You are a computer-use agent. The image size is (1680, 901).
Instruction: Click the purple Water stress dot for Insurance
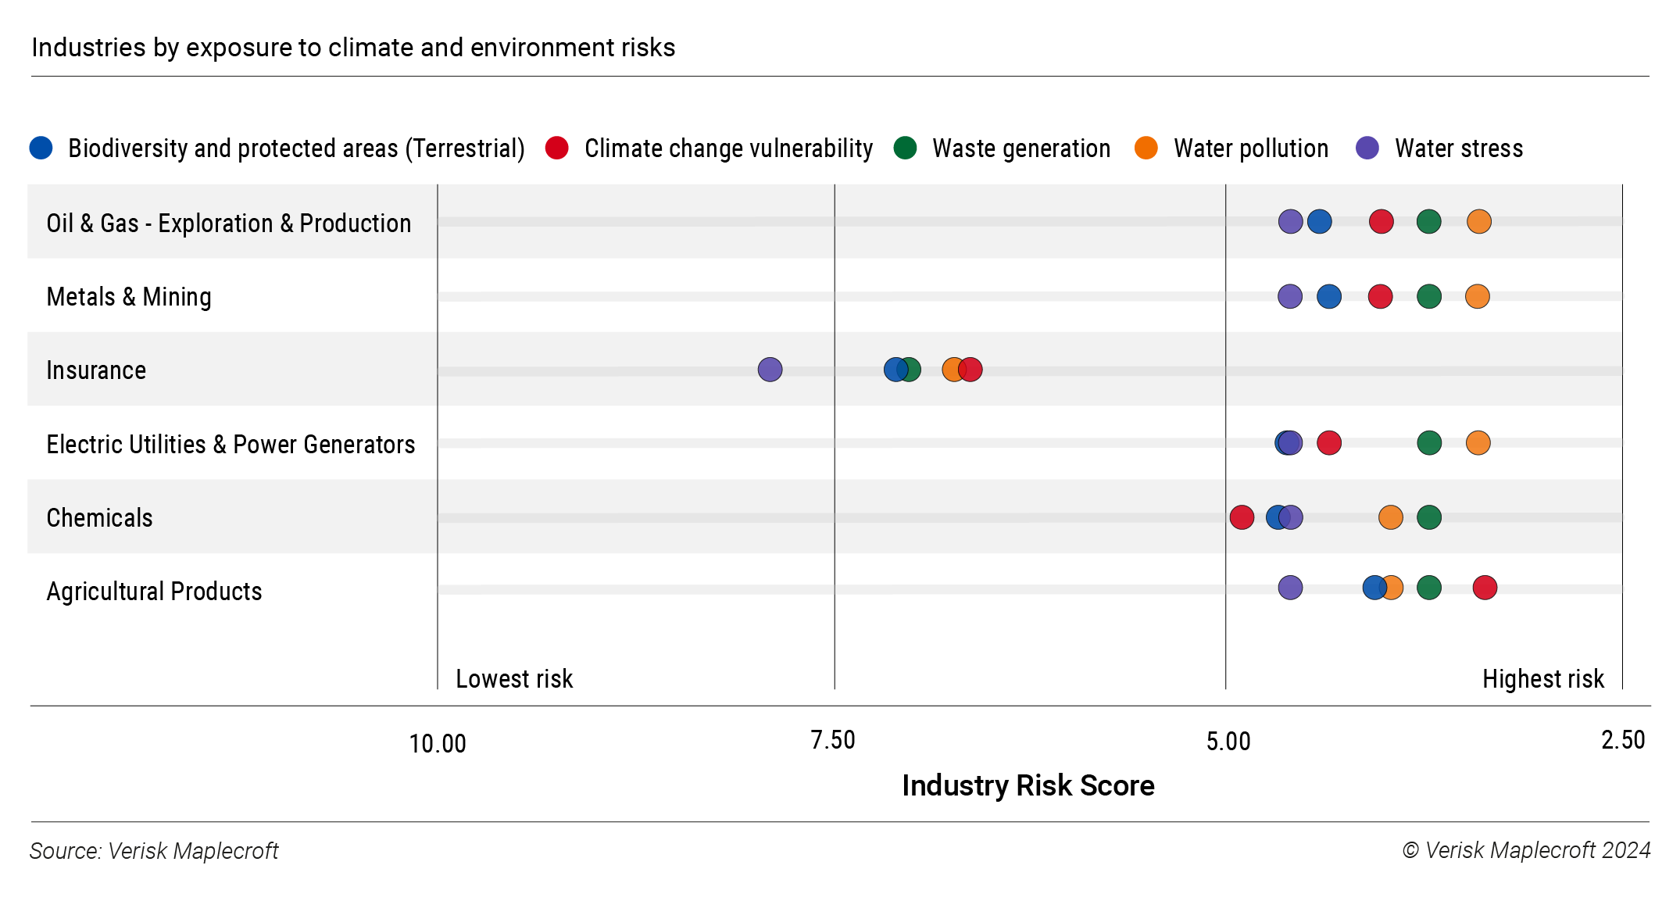click(770, 370)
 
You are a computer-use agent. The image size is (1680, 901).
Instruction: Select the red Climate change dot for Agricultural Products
click(1485, 588)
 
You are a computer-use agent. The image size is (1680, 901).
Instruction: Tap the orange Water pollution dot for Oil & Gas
click(1478, 222)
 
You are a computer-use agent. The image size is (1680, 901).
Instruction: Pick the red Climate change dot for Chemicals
click(1242, 517)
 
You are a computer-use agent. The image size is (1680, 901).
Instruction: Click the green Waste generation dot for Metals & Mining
click(1428, 297)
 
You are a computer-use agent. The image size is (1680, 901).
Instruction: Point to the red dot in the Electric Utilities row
click(1328, 443)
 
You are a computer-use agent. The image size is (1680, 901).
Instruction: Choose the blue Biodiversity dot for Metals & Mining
click(1328, 297)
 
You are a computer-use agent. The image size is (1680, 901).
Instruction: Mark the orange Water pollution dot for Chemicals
click(1390, 517)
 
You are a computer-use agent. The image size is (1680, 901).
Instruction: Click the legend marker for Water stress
click(1367, 148)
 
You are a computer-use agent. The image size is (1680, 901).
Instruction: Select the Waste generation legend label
click(1021, 148)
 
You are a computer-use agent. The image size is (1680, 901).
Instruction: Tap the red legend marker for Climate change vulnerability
click(556, 148)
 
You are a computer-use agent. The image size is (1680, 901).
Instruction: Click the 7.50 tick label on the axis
click(832, 740)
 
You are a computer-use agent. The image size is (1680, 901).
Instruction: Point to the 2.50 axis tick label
click(1622, 740)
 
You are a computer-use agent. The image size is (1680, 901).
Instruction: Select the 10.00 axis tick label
click(437, 743)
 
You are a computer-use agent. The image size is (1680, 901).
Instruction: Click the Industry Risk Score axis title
click(1028, 785)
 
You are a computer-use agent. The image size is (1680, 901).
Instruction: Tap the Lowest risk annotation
click(514, 678)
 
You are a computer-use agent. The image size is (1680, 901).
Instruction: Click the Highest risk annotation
click(1542, 678)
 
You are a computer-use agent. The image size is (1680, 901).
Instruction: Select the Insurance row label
click(96, 370)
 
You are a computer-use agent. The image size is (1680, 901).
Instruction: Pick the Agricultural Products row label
click(154, 592)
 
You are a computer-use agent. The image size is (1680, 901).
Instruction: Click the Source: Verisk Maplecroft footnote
click(154, 850)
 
